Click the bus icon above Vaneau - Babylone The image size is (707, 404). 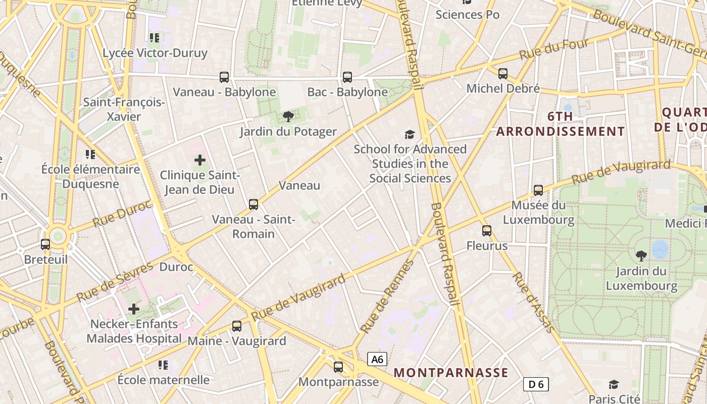[x=224, y=77]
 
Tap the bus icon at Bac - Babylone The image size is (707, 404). [x=347, y=77]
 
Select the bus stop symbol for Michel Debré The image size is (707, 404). [x=503, y=74]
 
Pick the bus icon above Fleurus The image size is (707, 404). [x=487, y=231]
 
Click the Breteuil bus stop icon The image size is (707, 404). [x=45, y=244]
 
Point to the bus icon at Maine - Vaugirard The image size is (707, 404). [x=237, y=326]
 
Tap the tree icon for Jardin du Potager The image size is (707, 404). [x=288, y=117]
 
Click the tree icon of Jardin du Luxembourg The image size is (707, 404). [x=641, y=256]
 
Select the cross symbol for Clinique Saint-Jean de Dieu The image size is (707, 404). [x=200, y=161]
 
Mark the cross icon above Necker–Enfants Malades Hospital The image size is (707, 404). [x=134, y=309]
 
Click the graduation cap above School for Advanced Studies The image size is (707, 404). [x=410, y=134]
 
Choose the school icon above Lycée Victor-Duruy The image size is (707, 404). [x=155, y=37]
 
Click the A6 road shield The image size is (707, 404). [x=377, y=359]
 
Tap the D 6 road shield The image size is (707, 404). [x=536, y=384]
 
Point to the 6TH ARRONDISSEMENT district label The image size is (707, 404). [x=561, y=124]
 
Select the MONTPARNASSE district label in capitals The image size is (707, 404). [x=451, y=373]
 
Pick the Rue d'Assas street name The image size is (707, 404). [x=533, y=302]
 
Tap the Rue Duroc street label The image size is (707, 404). [x=122, y=214]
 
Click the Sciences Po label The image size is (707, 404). [x=468, y=15]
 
